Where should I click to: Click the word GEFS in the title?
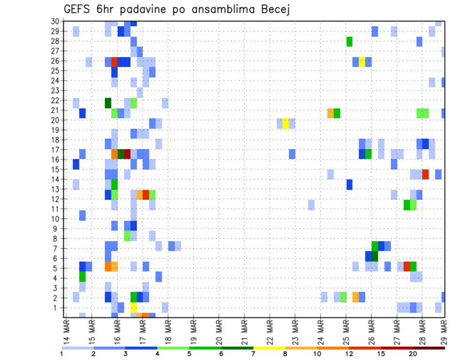tap(78, 9)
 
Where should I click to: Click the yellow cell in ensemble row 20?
tap(286, 123)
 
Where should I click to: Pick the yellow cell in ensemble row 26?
tap(362, 62)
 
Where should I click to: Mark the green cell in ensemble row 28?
tap(349, 42)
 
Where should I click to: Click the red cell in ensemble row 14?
tap(426, 174)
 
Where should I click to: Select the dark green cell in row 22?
tap(108, 103)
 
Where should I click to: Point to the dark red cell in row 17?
tap(127, 154)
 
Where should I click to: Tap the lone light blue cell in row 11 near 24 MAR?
tap(311, 205)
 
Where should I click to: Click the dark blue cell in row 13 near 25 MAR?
tap(349, 184)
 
